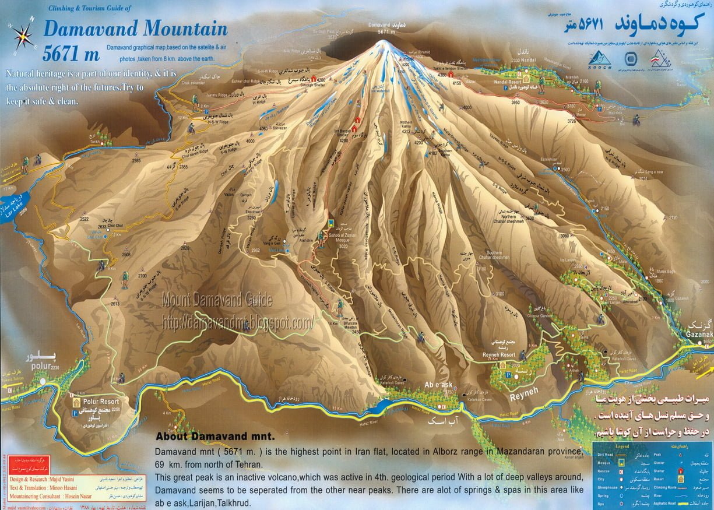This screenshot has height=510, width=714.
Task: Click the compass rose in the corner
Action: point(23,36)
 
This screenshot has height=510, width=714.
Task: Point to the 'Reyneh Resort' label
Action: point(499,355)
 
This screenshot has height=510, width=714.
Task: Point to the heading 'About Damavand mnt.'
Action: point(214,436)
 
